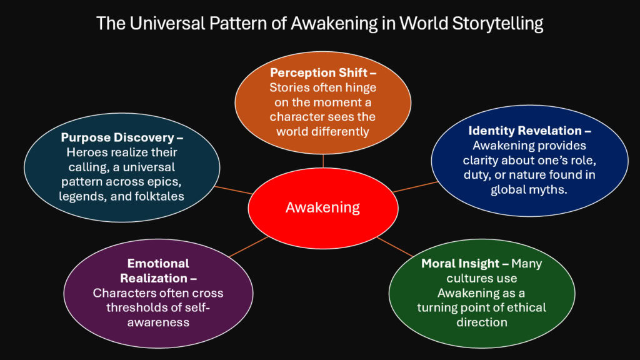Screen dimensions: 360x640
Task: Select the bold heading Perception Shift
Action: click(319, 73)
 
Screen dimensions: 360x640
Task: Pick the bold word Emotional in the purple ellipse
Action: click(158, 264)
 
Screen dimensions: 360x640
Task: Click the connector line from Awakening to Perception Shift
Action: click(323, 160)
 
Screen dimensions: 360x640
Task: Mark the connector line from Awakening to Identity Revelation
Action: click(415, 186)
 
